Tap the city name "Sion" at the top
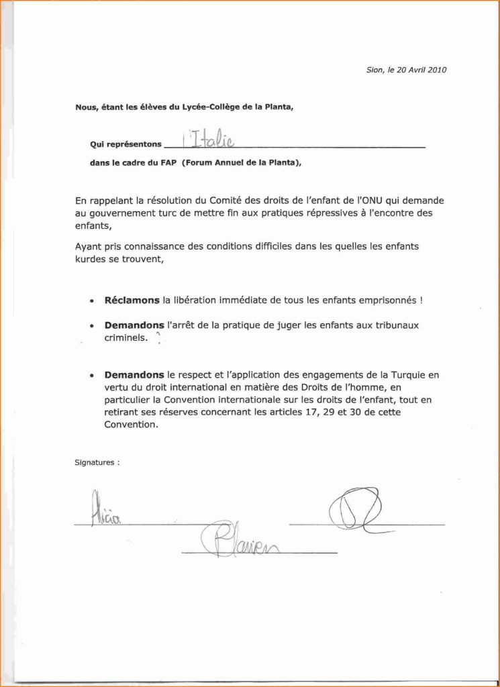coord(374,70)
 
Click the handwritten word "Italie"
coord(209,139)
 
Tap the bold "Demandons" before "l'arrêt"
coord(134,325)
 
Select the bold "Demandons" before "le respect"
coord(134,375)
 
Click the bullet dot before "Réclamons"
coord(91,303)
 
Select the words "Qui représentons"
coord(126,144)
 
